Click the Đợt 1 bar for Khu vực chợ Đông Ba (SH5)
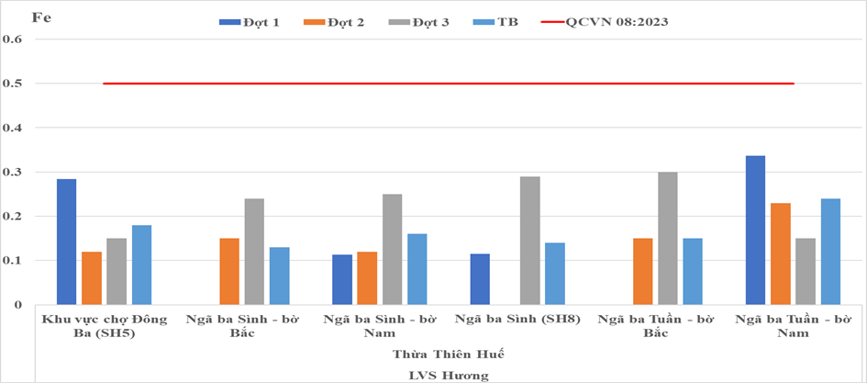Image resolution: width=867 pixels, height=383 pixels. pos(66,242)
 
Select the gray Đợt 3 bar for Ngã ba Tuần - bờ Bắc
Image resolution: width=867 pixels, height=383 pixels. pos(668,239)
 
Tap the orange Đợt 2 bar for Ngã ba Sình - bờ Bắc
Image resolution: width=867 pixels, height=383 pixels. pos(229,272)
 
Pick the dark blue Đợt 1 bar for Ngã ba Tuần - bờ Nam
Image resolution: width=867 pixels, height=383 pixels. pos(755,231)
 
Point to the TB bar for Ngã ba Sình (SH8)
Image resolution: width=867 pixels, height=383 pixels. pos(555,274)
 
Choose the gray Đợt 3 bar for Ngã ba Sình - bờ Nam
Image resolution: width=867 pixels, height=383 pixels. pos(392,250)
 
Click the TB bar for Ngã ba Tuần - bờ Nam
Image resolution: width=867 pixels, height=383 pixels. pos(830,252)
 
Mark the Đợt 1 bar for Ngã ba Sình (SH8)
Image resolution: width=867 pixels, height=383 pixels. pos(480,279)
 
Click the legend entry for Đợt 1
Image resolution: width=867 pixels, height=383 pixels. pos(249,22)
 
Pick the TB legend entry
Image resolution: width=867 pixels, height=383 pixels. pos(496,22)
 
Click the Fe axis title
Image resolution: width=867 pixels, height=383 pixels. pos(41,17)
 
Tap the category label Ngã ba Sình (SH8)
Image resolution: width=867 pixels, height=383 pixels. pos(517,320)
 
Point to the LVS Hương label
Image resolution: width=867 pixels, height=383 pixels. pos(449,376)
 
